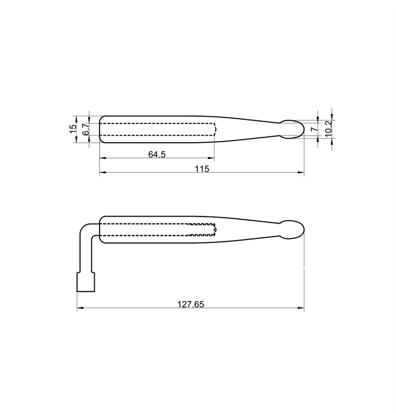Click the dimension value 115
[x=202, y=168]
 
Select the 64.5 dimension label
[x=157, y=154]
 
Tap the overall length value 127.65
[x=190, y=304]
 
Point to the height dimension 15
[x=73, y=129]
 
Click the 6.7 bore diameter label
[x=85, y=129]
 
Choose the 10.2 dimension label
[x=329, y=126]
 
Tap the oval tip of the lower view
[x=291, y=230]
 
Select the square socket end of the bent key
[x=86, y=282]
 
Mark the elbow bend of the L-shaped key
[x=88, y=228]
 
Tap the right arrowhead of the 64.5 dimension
[x=212, y=158]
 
